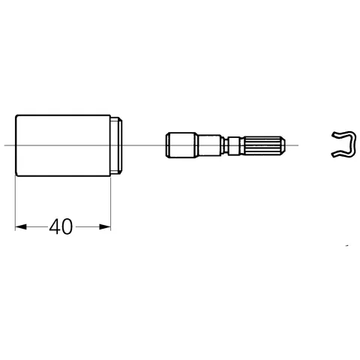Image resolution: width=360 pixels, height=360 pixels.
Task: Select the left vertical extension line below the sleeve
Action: coord(15,202)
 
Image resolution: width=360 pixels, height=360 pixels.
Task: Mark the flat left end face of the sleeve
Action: coord(16,145)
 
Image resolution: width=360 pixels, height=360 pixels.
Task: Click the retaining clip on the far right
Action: coord(343,143)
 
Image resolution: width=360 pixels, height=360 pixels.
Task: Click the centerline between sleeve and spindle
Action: coord(142,145)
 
